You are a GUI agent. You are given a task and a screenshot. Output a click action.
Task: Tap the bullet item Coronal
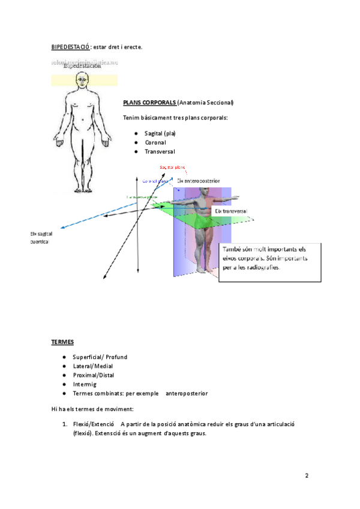tap(155, 142)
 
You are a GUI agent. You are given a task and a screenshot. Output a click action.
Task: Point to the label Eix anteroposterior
tap(198, 180)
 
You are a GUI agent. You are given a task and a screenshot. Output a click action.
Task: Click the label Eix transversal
tap(231, 212)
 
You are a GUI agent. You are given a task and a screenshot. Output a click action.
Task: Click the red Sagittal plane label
tap(172, 167)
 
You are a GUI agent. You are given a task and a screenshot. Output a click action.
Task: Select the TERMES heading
tap(63, 342)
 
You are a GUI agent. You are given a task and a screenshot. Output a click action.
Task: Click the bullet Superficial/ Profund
tap(100, 357)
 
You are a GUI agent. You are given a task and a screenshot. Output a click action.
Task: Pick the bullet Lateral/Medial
tap(92, 366)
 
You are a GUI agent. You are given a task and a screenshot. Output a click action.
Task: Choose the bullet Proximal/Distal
tap(94, 375)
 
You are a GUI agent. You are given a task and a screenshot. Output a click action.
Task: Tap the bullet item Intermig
tap(85, 384)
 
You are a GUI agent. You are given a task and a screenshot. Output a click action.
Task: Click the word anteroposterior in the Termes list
tap(186, 394)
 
